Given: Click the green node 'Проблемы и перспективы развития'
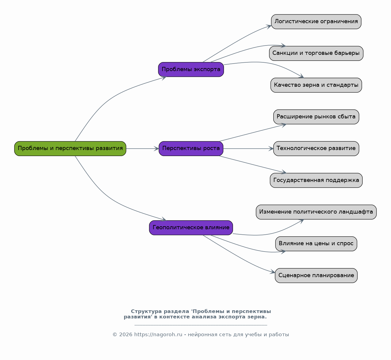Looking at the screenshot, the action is [70, 149].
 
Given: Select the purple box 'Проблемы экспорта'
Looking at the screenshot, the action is [191, 70].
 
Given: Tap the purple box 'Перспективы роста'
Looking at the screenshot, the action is [191, 149].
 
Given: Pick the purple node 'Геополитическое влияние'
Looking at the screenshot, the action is [191, 228].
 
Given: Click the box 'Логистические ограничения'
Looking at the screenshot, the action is [316, 22].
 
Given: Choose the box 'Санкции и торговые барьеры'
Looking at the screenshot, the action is [316, 53].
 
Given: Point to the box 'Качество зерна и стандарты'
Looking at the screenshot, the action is [316, 85].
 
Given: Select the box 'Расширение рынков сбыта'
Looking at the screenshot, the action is [316, 117].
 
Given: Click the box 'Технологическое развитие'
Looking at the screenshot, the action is [316, 149].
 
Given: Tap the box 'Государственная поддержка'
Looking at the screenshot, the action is [316, 180].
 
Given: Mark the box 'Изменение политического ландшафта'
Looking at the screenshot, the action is [316, 212].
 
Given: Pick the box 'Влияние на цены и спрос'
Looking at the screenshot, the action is [316, 244].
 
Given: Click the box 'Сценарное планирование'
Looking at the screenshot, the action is [316, 276].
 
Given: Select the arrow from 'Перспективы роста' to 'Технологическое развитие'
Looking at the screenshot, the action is [248, 149].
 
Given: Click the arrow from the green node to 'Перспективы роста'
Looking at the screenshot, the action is [142, 149].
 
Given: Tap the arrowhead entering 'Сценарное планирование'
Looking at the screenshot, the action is [273, 272].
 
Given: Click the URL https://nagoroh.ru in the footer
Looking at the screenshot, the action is [158, 335].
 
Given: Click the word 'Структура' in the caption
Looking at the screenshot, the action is [146, 311].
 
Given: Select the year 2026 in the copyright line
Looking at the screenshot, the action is [126, 335].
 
